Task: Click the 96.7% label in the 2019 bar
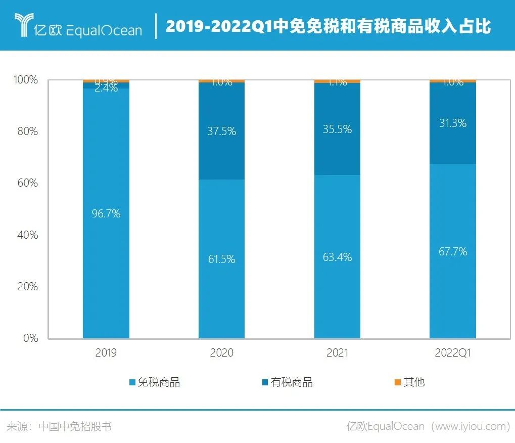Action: click(x=106, y=214)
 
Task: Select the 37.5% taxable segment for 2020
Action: click(x=221, y=131)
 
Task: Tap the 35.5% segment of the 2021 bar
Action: click(x=337, y=129)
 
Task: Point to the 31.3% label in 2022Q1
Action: click(x=453, y=123)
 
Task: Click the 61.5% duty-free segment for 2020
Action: click(x=221, y=259)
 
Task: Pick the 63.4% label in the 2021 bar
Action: click(x=337, y=257)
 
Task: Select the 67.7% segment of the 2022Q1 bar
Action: click(x=453, y=251)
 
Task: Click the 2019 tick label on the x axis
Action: click(x=106, y=353)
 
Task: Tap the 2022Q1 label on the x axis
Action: click(x=453, y=353)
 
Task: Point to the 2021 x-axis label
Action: click(x=337, y=353)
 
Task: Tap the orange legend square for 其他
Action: click(x=397, y=382)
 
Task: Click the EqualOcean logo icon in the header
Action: click(x=23, y=25)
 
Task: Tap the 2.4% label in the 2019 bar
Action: click(x=106, y=88)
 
